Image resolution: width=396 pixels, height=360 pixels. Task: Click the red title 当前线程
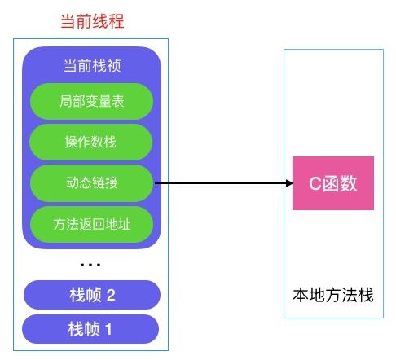point(91,22)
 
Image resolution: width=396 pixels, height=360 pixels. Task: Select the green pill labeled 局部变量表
point(91,103)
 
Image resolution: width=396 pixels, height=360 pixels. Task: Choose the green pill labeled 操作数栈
point(91,143)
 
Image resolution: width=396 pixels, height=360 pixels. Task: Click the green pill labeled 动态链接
point(91,182)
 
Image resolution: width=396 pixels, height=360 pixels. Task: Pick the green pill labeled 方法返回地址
point(91,222)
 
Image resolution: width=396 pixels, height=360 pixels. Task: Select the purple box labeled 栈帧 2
point(91,295)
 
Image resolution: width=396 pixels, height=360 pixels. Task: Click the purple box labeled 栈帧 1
point(91,330)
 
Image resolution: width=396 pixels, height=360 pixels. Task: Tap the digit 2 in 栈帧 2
point(111,295)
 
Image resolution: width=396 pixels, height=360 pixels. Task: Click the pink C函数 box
point(333,183)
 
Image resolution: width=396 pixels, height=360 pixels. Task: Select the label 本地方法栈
point(333,295)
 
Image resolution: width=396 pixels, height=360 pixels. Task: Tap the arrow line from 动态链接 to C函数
point(220,184)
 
